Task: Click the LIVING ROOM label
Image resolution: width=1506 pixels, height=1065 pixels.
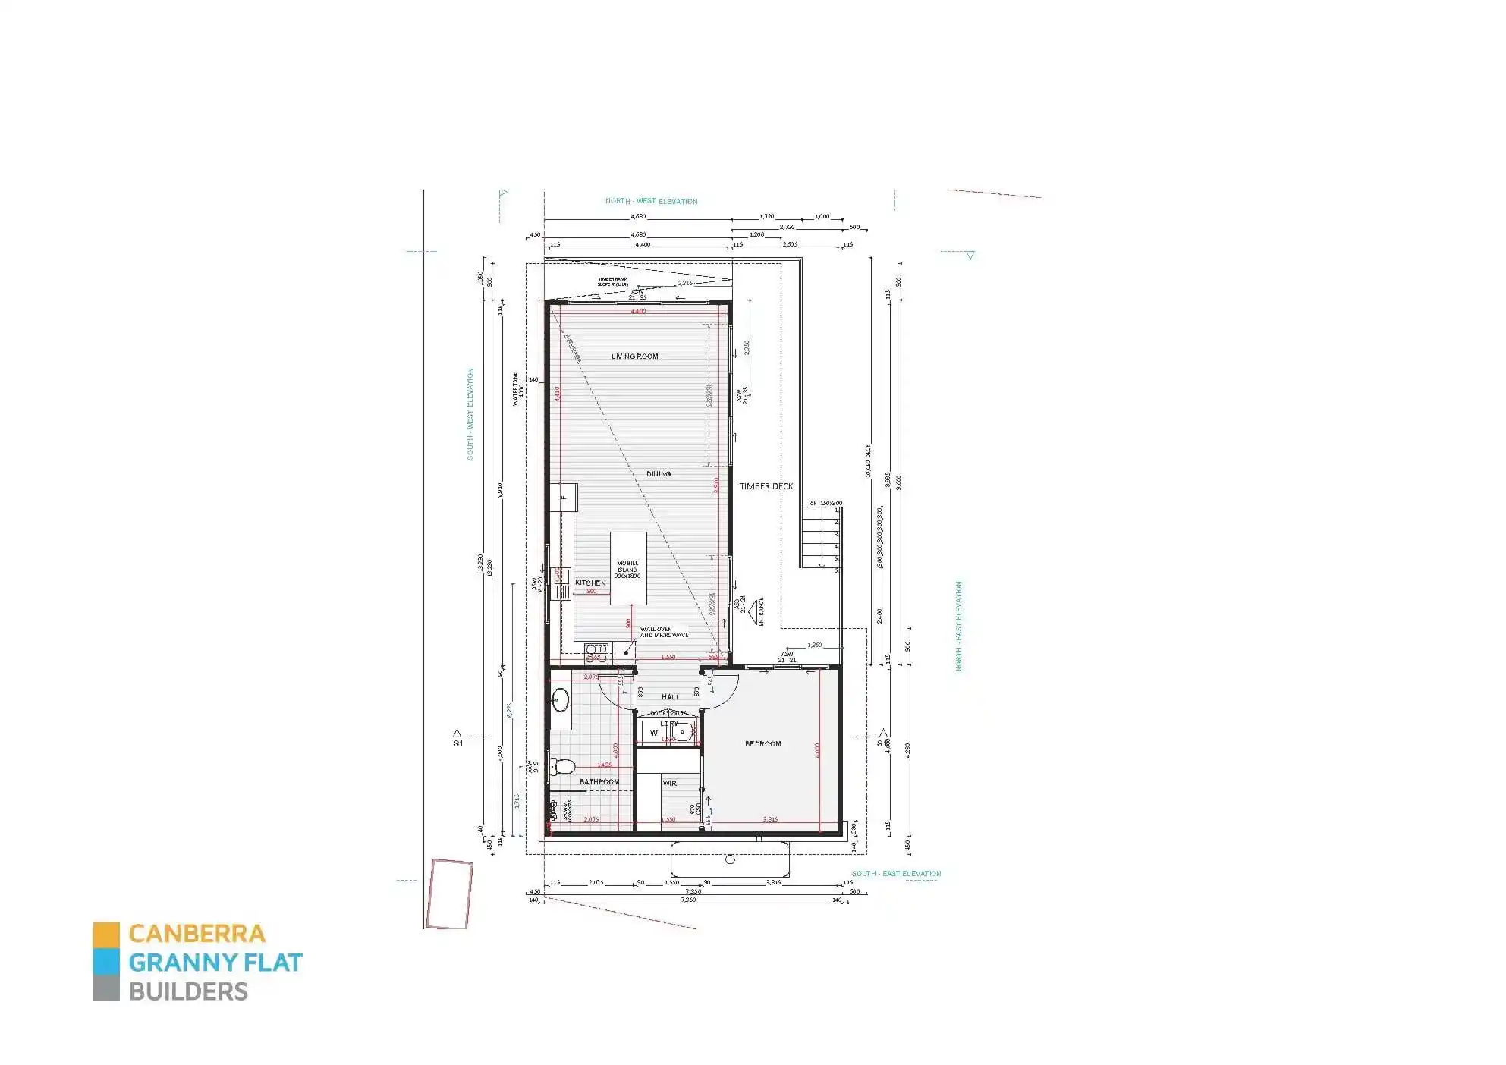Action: click(x=635, y=356)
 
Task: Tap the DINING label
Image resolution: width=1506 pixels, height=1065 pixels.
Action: click(x=659, y=473)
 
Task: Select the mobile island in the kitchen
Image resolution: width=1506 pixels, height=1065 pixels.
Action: click(x=628, y=568)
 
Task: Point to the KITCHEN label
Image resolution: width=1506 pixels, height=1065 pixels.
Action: click(x=590, y=583)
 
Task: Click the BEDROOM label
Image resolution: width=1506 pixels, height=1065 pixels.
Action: click(x=762, y=743)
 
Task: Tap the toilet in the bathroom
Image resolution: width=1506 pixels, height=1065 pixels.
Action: click(x=562, y=767)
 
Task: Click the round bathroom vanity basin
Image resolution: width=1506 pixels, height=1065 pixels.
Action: click(x=561, y=700)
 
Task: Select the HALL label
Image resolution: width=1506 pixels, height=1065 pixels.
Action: click(x=671, y=696)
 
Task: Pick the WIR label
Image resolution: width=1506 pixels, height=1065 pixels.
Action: click(x=669, y=783)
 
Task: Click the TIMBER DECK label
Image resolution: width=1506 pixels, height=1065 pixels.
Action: click(x=766, y=486)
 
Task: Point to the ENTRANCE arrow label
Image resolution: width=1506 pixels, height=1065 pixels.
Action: click(x=759, y=611)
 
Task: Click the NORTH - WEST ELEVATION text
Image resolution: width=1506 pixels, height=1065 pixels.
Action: click(x=651, y=201)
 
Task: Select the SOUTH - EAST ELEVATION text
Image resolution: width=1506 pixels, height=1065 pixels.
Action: click(x=896, y=873)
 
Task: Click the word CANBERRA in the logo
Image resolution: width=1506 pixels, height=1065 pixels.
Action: click(x=197, y=933)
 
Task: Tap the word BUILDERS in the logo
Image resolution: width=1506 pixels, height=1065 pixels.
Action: click(x=188, y=991)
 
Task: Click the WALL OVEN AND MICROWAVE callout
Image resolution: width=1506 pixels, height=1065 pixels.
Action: click(x=664, y=632)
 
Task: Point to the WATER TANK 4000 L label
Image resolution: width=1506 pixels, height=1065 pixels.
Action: click(x=518, y=388)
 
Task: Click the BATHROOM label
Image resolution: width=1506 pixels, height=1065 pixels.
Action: click(x=599, y=781)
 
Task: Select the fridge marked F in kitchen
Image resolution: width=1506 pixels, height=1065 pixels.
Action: click(x=564, y=497)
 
